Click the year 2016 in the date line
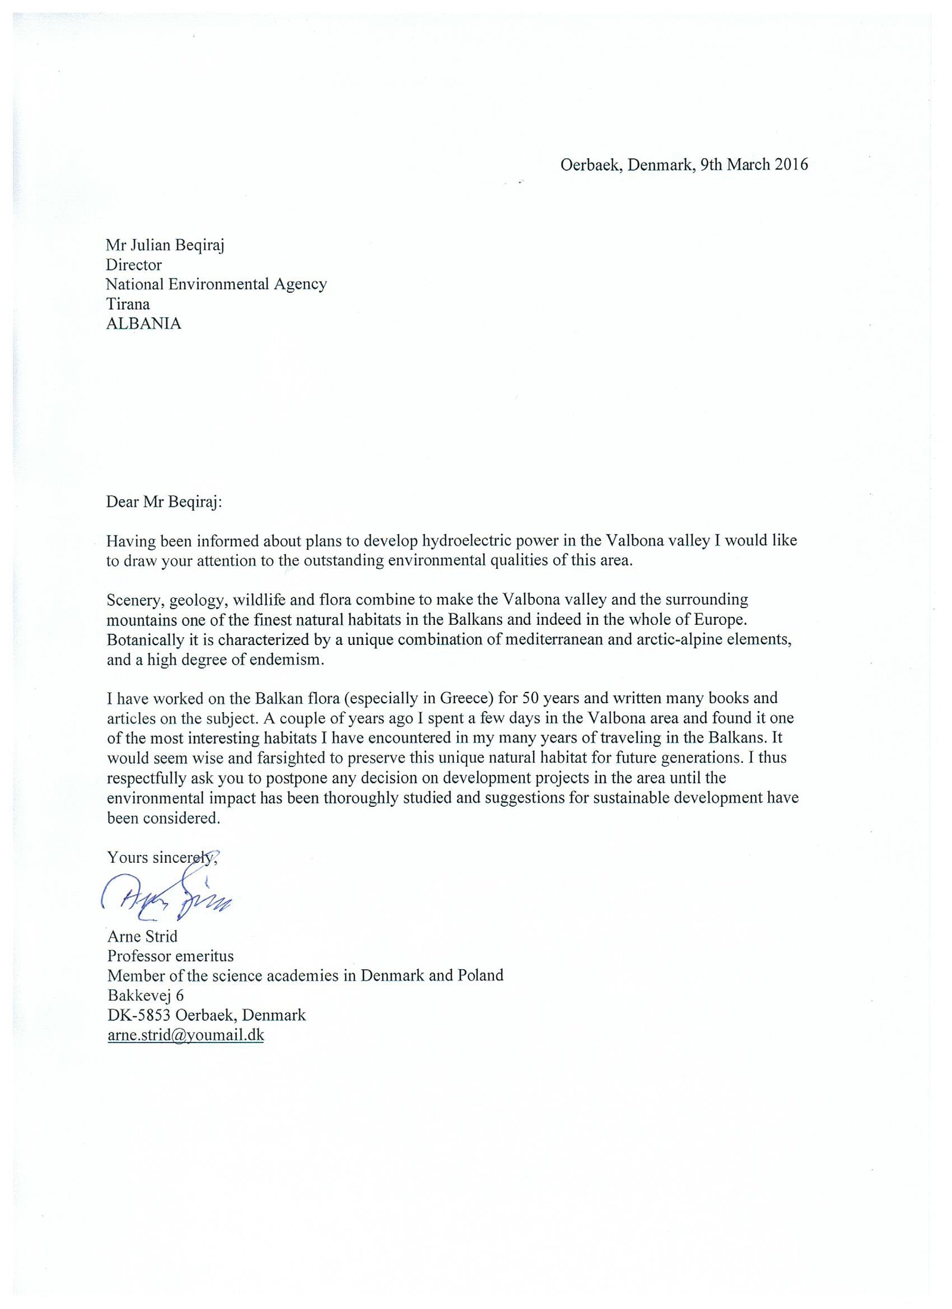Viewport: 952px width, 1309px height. click(x=791, y=164)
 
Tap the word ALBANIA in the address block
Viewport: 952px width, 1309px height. click(x=143, y=324)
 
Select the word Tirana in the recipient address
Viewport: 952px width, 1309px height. click(x=128, y=304)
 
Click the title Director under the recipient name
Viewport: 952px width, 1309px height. click(x=134, y=265)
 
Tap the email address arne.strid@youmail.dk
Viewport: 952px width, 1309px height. click(x=186, y=1035)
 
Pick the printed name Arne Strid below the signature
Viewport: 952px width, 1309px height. click(x=142, y=937)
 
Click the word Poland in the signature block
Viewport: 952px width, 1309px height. click(x=480, y=975)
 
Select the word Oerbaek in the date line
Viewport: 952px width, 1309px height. click(x=591, y=164)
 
